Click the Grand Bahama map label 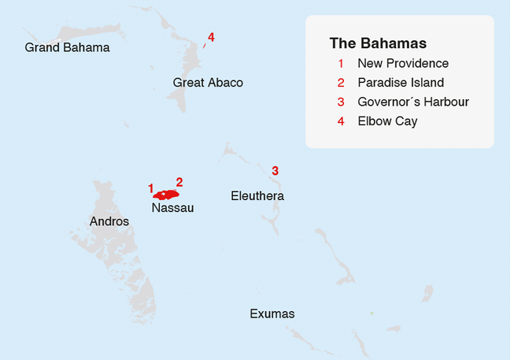pyautogui.click(x=67, y=48)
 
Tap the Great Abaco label pyautogui.click(x=208, y=83)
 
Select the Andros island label pyautogui.click(x=109, y=221)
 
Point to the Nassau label pyautogui.click(x=172, y=208)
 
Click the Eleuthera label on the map pyautogui.click(x=257, y=195)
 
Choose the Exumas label pyautogui.click(x=272, y=314)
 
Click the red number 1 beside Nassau pyautogui.click(x=150, y=188)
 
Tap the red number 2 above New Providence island pyautogui.click(x=179, y=182)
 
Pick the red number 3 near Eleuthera pyautogui.click(x=275, y=170)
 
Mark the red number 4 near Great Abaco pyautogui.click(x=211, y=37)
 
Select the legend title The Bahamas pyautogui.click(x=378, y=43)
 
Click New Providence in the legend pyautogui.click(x=403, y=64)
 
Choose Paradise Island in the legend pyautogui.click(x=401, y=83)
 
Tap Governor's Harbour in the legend pyautogui.click(x=413, y=102)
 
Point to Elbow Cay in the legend pyautogui.click(x=387, y=121)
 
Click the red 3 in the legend pyautogui.click(x=341, y=102)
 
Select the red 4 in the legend pyautogui.click(x=341, y=121)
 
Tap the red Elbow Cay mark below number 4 pyautogui.click(x=205, y=46)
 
